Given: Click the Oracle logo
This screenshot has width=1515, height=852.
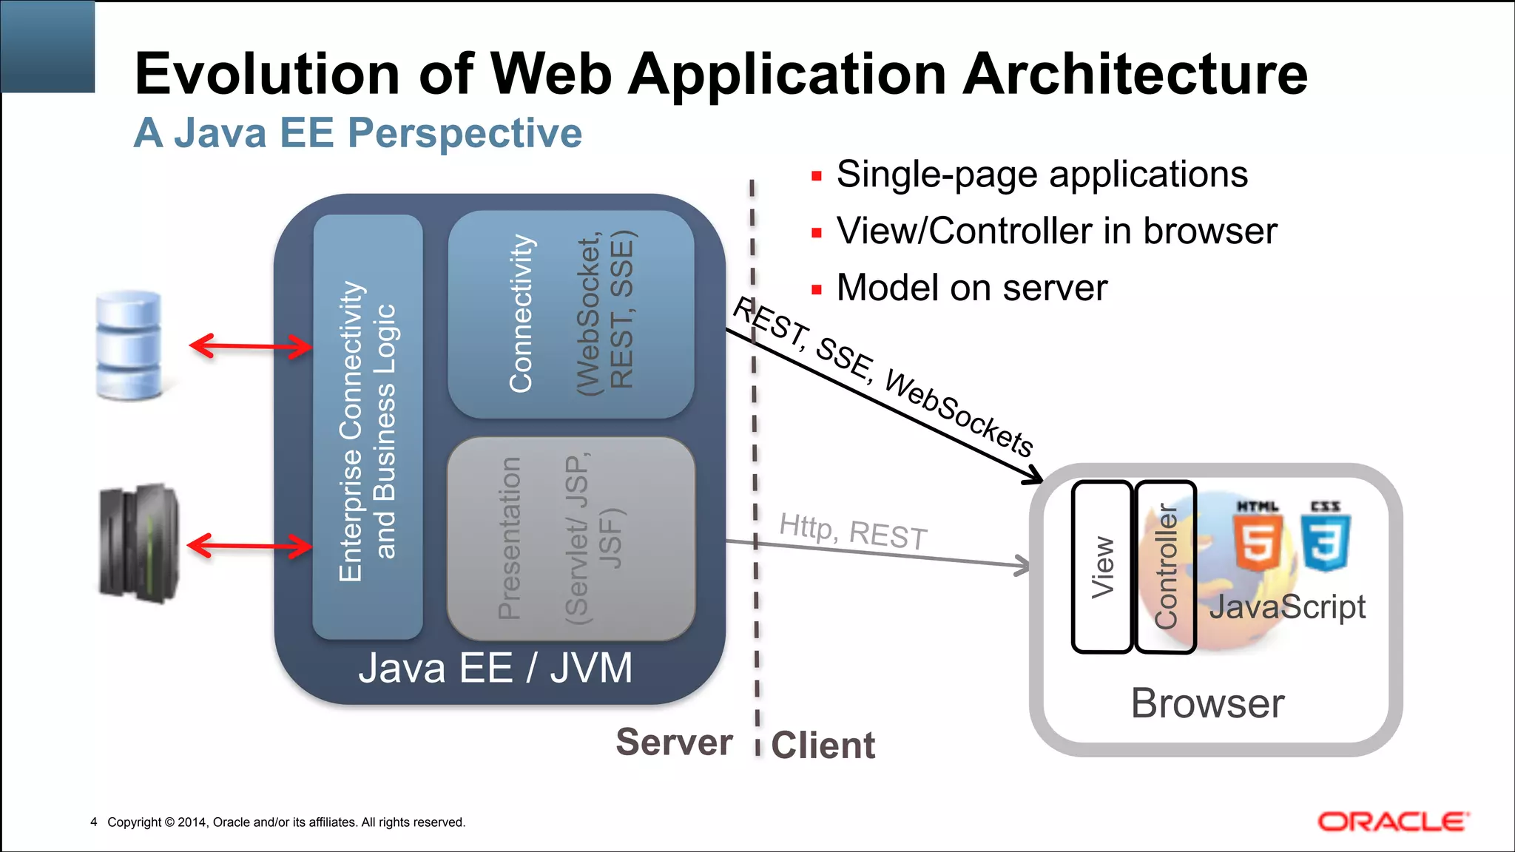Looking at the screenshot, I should (x=1393, y=822).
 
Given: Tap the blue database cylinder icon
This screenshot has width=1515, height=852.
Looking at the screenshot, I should (x=129, y=345).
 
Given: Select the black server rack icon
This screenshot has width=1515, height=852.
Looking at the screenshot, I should (x=140, y=544).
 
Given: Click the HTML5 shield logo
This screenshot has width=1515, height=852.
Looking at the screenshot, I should (x=1258, y=537).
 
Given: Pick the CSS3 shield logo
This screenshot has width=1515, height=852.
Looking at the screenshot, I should (x=1326, y=537).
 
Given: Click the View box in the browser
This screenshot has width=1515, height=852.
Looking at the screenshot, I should (x=1102, y=567).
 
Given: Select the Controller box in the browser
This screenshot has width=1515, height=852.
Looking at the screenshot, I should (x=1166, y=567).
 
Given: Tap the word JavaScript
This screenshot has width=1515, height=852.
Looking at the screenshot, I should (x=1287, y=606).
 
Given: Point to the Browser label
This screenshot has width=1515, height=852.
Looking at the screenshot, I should (x=1207, y=703).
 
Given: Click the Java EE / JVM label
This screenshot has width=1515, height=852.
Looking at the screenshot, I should (x=496, y=668).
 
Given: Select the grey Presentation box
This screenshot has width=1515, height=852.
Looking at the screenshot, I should (x=571, y=538).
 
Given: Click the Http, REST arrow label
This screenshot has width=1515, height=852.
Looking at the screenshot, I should (x=853, y=531).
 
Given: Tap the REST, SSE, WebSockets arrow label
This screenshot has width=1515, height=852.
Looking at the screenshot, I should (x=884, y=377).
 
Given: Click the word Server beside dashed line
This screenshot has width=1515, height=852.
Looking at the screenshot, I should (x=674, y=742).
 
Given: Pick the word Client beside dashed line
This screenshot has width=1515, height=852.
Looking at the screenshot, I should (x=823, y=745).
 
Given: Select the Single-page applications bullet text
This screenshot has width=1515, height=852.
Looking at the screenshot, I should (x=1042, y=175).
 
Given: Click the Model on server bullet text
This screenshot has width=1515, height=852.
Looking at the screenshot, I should (x=971, y=288).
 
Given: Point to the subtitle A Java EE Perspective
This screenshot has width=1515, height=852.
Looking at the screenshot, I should (x=358, y=133).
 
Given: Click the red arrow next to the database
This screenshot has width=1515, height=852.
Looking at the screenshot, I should (x=251, y=345).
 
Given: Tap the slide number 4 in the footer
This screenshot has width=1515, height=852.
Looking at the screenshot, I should (x=93, y=822).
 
